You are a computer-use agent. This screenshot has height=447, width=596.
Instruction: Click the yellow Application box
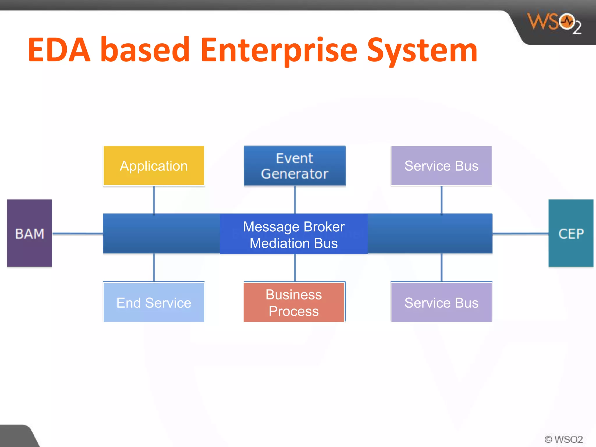tap(154, 166)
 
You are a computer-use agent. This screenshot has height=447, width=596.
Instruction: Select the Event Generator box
tap(295, 166)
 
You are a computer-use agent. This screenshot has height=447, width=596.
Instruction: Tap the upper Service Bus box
tap(441, 166)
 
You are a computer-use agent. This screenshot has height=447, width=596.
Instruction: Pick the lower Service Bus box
tap(441, 302)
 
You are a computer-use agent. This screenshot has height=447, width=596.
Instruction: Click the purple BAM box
tap(29, 233)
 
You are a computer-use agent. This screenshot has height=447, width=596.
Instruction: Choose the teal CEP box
tap(571, 233)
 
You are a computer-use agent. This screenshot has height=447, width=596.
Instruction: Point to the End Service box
tap(154, 302)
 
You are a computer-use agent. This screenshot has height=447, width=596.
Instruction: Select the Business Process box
tap(294, 302)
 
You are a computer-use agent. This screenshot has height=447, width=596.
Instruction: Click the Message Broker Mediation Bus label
tap(294, 235)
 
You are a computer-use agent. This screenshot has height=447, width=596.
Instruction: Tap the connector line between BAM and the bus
tap(77, 233)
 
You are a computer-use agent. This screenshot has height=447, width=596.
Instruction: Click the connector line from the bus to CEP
tap(520, 233)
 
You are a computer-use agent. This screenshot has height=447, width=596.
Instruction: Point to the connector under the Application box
tap(154, 200)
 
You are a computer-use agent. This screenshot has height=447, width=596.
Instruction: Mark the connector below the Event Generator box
tap(295, 200)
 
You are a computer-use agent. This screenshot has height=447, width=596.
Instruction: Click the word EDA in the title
tap(59, 50)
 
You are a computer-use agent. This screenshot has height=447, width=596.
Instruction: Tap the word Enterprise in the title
tap(279, 50)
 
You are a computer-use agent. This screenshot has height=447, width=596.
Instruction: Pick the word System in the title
tap(422, 50)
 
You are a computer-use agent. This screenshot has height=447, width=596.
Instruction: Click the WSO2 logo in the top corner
tap(554, 23)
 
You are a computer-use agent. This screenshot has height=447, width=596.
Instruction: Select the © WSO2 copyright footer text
tap(563, 439)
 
